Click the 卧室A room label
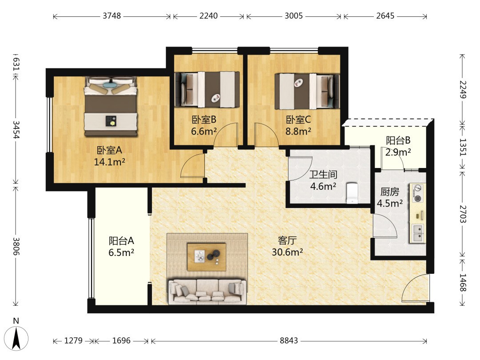(x=110, y=150)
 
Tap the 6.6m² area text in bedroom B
(x=204, y=131)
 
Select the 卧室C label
(x=299, y=120)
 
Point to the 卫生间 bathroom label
(x=323, y=175)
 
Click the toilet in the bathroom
(x=352, y=193)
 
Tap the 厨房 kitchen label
(x=390, y=192)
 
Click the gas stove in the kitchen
(x=417, y=193)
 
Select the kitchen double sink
(x=418, y=233)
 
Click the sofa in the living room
(x=207, y=292)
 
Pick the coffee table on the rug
(x=207, y=257)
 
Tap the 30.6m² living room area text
(x=287, y=252)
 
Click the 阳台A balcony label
(x=121, y=241)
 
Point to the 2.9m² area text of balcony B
(x=398, y=152)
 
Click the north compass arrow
(x=16, y=338)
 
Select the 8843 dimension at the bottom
(x=288, y=340)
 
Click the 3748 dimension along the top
(x=112, y=16)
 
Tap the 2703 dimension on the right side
(x=463, y=214)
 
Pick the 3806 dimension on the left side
(x=16, y=246)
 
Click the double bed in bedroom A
(x=111, y=106)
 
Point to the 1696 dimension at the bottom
(x=121, y=340)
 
